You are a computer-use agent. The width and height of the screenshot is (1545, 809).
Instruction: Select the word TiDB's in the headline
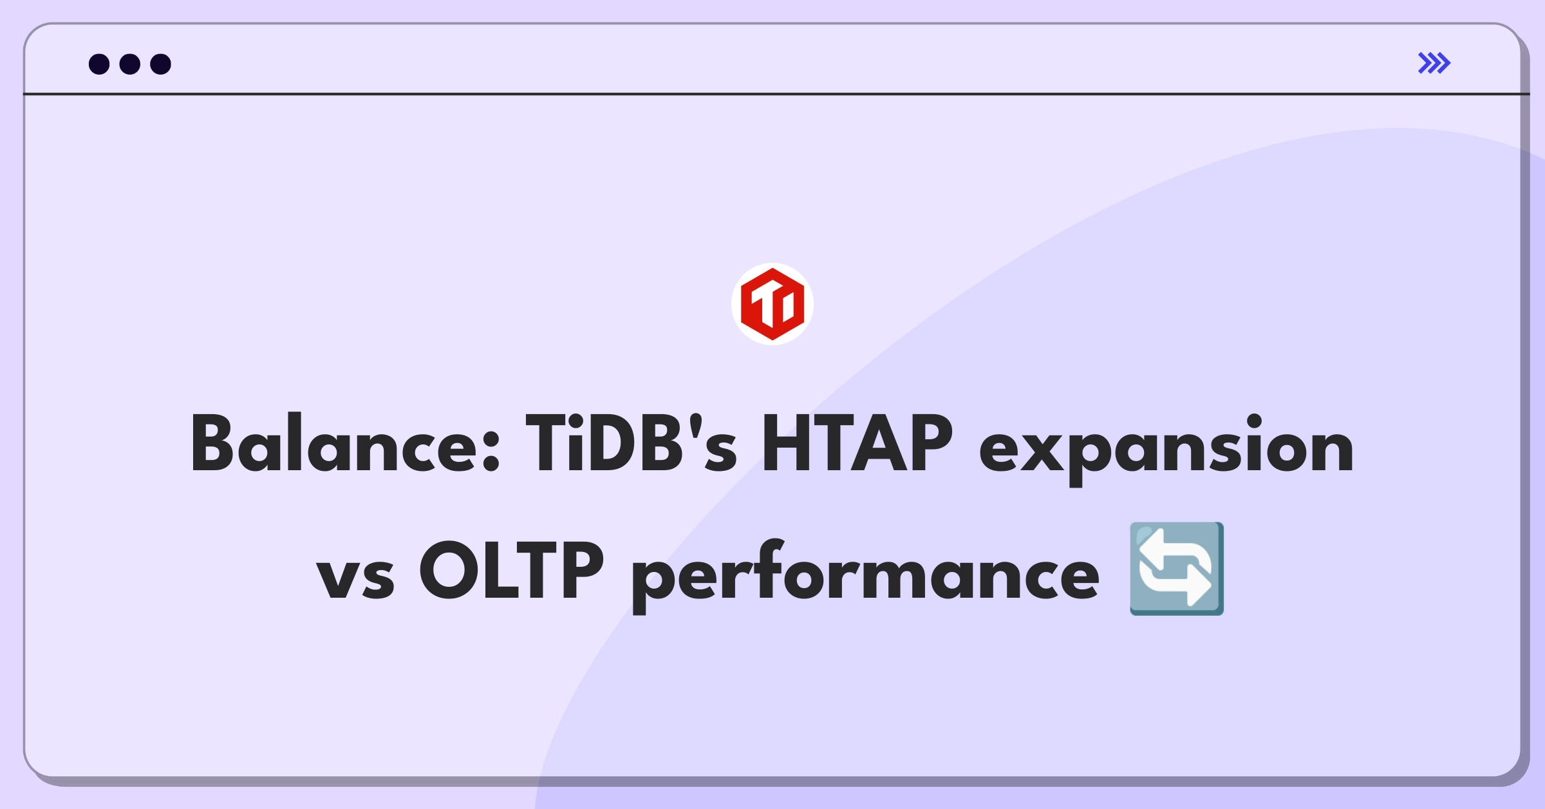[x=632, y=443]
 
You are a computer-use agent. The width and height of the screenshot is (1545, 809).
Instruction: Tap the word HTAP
[x=857, y=443]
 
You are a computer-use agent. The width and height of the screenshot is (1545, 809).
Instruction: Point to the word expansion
[x=1166, y=449]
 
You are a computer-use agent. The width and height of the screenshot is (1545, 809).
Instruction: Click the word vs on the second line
[x=355, y=577]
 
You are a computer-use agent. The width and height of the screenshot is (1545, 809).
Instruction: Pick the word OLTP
[x=511, y=569]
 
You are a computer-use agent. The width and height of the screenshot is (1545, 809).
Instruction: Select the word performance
[x=866, y=575]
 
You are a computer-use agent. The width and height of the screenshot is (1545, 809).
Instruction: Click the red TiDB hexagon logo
[x=772, y=304]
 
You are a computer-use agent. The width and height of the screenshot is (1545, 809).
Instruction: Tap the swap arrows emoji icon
[x=1177, y=569]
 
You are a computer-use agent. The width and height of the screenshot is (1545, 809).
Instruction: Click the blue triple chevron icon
[x=1434, y=63]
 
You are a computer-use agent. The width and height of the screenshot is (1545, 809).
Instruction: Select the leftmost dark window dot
[x=99, y=64]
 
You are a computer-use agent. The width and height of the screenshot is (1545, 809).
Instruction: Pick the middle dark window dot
[x=130, y=64]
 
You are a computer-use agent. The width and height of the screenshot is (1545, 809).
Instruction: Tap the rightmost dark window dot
[x=161, y=64]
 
